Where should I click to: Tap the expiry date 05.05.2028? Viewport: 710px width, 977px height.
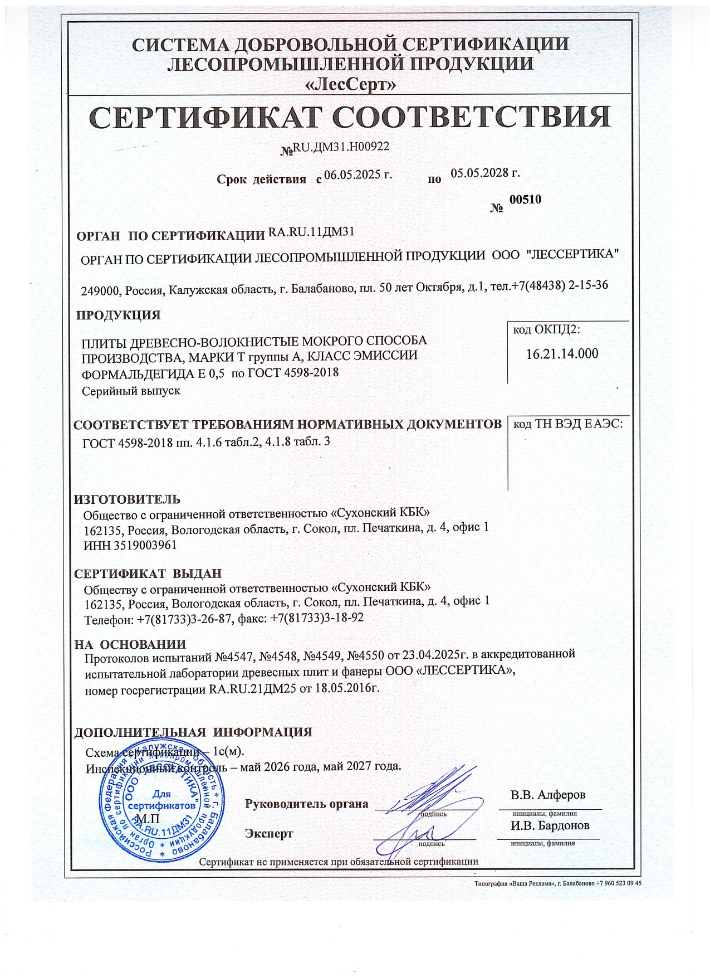pyautogui.click(x=485, y=173)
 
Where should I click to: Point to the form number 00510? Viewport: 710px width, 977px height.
pyautogui.click(x=525, y=200)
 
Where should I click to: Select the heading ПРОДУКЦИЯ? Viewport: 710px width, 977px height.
pyautogui.click(x=118, y=315)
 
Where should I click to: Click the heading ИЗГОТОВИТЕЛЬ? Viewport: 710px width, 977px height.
pyautogui.click(x=127, y=499)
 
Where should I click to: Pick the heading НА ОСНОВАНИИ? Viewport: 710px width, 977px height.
pyautogui.click(x=130, y=645)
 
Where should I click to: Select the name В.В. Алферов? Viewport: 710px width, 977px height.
pyautogui.click(x=548, y=795)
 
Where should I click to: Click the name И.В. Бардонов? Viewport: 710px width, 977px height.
pyautogui.click(x=549, y=825)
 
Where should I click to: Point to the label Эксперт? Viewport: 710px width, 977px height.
pyautogui.click(x=268, y=834)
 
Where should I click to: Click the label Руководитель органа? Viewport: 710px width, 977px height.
pyautogui.click(x=306, y=804)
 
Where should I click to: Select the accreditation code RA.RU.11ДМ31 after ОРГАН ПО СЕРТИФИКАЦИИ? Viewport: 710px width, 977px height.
pyautogui.click(x=311, y=232)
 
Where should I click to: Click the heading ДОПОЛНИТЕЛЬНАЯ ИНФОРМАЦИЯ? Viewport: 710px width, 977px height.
pyautogui.click(x=193, y=732)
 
